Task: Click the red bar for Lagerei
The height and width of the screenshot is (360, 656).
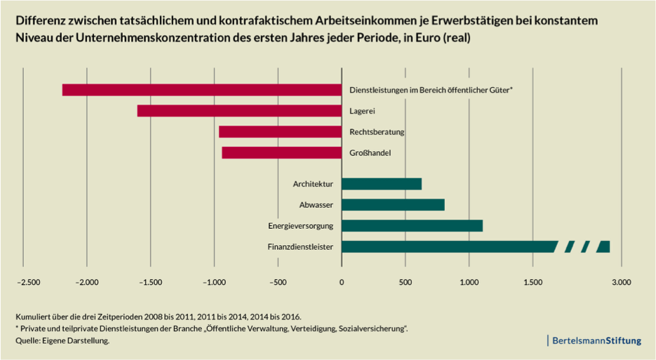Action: (239, 111)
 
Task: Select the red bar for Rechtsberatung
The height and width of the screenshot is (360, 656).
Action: (280, 132)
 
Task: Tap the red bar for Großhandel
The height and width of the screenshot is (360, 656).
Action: (281, 152)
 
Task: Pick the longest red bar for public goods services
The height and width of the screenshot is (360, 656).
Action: (201, 90)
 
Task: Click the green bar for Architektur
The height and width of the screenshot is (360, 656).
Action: (382, 184)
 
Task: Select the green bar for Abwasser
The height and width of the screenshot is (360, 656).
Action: (393, 205)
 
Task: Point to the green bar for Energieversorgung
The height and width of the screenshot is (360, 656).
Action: (412, 225)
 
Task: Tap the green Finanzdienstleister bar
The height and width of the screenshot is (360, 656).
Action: (449, 246)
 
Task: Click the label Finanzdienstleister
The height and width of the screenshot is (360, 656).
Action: (300, 246)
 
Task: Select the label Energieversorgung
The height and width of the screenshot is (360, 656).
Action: (300, 226)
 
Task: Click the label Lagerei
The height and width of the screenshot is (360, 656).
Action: (363, 111)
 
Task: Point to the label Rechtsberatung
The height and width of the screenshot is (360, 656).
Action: (377, 132)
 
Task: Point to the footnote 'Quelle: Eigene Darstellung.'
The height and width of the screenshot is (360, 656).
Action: (62, 340)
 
